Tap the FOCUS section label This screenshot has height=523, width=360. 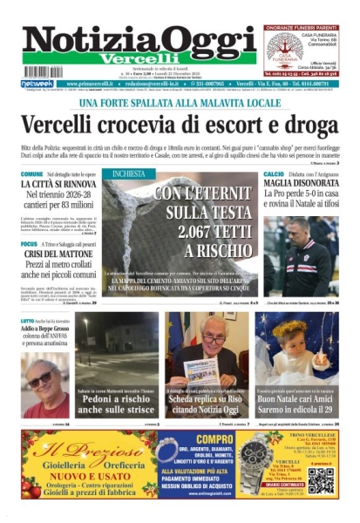[29, 244]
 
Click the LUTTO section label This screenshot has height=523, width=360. [28, 321]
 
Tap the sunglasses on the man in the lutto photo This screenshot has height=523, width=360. [40, 378]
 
